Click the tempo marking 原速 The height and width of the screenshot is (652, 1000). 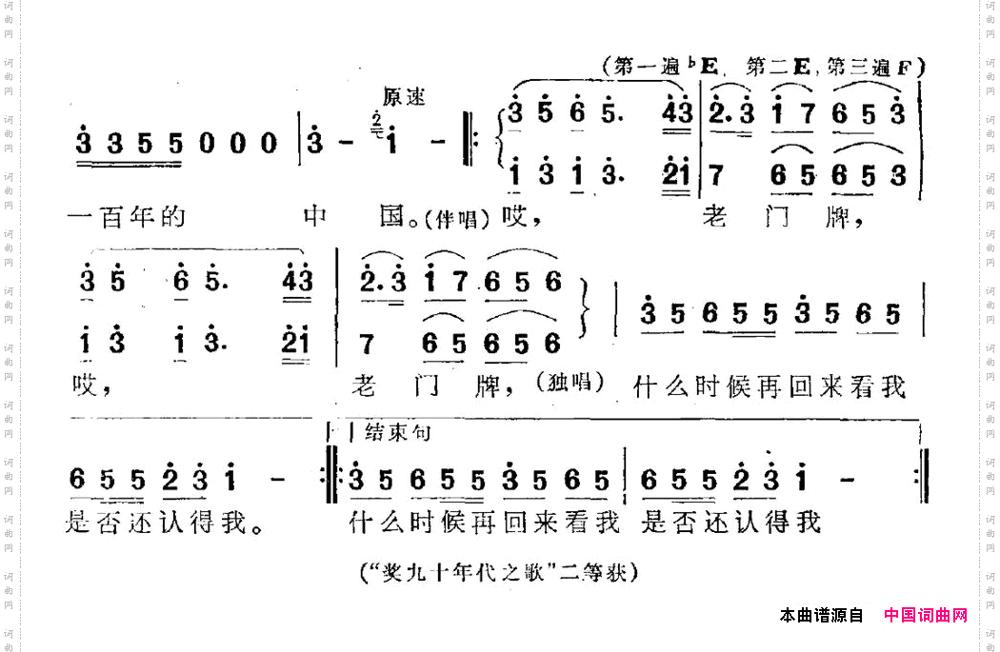pos(404,97)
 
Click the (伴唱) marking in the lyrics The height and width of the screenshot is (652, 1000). pos(464,219)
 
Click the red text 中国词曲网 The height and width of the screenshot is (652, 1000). pos(926,615)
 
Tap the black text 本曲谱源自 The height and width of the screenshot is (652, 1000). pos(821,615)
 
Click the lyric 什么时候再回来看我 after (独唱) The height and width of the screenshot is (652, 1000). pos(768,387)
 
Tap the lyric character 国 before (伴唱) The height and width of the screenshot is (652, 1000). pos(394,218)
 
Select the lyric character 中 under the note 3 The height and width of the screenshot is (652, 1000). pos(315,218)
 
